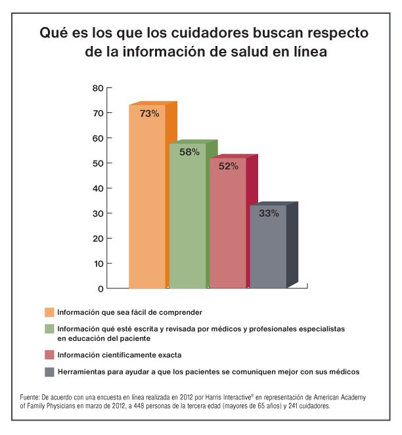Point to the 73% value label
[x=149, y=113]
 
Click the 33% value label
[x=269, y=213]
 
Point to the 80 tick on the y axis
[x=98, y=88]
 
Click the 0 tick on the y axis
[x=100, y=288]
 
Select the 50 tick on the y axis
[x=98, y=163]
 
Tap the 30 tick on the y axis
[x=98, y=213]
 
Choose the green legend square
[x=49, y=328]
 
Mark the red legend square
[x=49, y=355]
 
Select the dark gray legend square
[x=49, y=372]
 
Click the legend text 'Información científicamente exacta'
[x=119, y=355]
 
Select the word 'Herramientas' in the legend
[x=80, y=372]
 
